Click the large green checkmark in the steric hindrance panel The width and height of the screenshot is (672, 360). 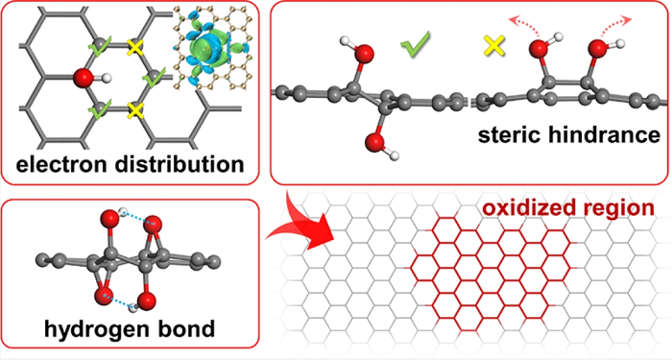pos(415,44)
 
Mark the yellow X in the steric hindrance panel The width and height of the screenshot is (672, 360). pos(494,45)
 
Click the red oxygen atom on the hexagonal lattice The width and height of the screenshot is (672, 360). pos(84,78)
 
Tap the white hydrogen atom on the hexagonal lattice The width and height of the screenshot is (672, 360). pos(108,78)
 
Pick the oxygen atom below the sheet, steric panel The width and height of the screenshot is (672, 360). pos(375,142)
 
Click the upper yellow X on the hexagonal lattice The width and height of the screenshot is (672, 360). pos(135,48)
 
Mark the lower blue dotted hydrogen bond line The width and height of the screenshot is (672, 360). pos(121,300)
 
